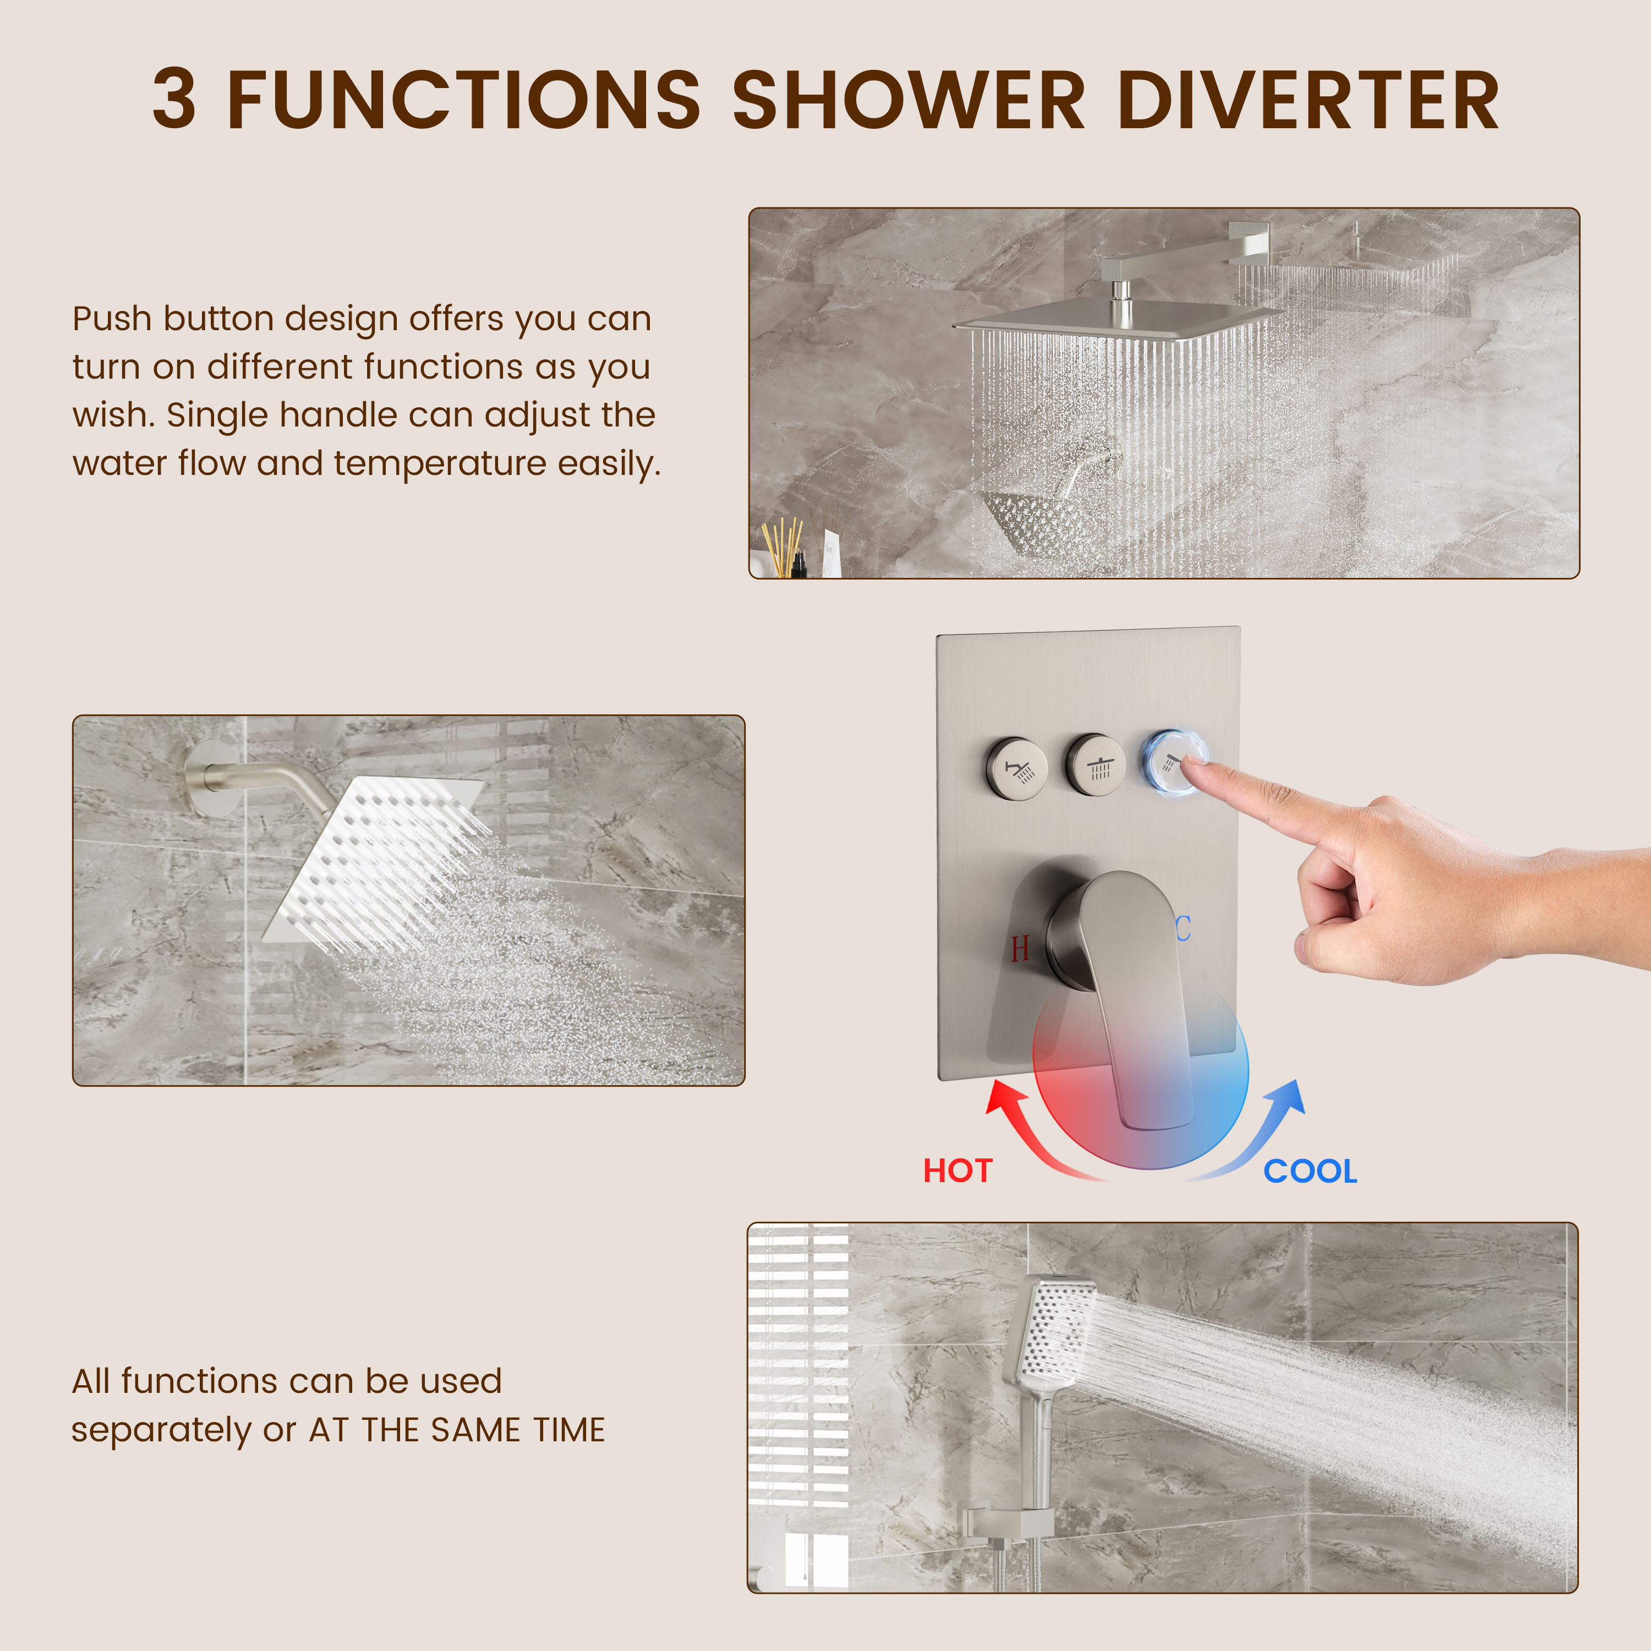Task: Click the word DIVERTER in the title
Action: pos(1308,101)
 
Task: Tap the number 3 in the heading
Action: pos(174,101)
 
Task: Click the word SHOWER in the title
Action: pos(909,101)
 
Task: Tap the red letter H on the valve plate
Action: pos(1019,949)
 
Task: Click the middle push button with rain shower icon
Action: pos(1096,765)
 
